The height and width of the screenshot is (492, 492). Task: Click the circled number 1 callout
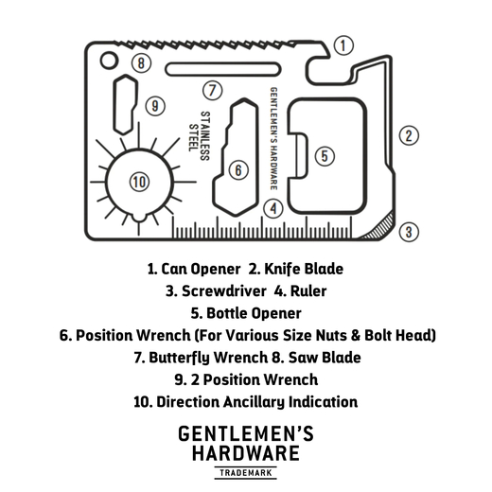(x=343, y=45)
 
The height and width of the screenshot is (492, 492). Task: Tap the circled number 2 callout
(x=409, y=135)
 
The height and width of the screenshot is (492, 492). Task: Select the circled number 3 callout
(x=409, y=232)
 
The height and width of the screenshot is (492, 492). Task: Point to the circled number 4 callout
(x=273, y=208)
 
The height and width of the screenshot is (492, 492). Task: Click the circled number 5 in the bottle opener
(x=325, y=156)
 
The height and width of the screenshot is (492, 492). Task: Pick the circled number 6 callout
(x=238, y=170)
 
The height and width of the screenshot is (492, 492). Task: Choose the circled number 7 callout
(x=212, y=91)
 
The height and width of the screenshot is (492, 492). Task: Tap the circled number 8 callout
(x=141, y=62)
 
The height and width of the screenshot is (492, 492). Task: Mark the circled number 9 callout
(x=155, y=106)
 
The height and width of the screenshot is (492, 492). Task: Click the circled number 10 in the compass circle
(x=140, y=182)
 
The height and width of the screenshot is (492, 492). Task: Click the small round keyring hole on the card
(x=109, y=61)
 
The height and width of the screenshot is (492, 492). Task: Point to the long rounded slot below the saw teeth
(x=223, y=69)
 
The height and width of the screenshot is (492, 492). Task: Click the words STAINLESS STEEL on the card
(x=200, y=136)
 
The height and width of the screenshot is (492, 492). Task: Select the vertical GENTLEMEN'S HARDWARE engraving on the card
(x=273, y=139)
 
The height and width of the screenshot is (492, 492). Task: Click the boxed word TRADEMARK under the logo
(x=246, y=473)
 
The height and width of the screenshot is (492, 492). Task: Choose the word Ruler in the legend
(x=308, y=291)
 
